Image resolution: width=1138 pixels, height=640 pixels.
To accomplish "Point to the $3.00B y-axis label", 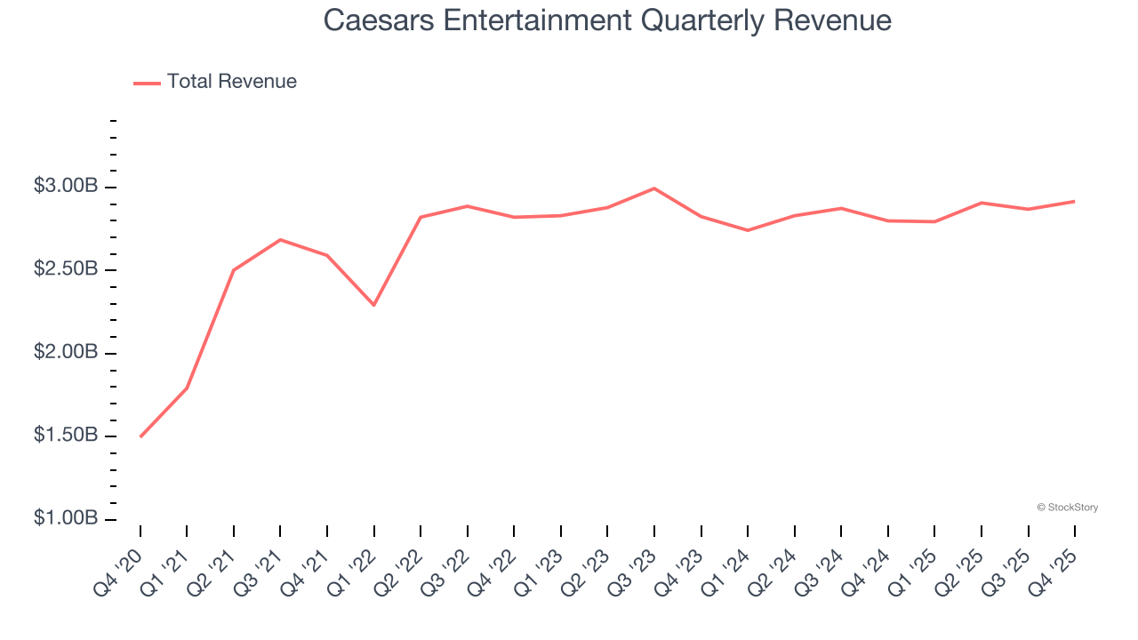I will (66, 187).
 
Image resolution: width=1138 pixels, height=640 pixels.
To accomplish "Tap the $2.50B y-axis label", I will (66, 269).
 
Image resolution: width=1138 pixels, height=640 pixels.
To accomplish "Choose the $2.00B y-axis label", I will (66, 353).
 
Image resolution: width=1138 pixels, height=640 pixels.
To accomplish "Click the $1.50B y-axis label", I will (66, 436).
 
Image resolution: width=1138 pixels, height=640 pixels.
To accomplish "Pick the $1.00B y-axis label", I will (66, 519).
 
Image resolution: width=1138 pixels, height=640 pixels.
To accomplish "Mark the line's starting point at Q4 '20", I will (140, 436).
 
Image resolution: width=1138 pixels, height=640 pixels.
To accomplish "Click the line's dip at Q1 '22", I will (374, 305).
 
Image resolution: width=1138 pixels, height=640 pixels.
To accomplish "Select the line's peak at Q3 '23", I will (654, 188).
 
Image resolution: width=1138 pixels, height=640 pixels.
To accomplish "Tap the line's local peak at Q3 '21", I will (280, 239).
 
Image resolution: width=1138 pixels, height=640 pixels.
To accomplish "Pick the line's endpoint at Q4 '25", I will (1075, 201).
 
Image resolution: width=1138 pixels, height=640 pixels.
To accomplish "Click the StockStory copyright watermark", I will (1067, 508).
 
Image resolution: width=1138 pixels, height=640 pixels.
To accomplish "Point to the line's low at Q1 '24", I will (748, 230).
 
